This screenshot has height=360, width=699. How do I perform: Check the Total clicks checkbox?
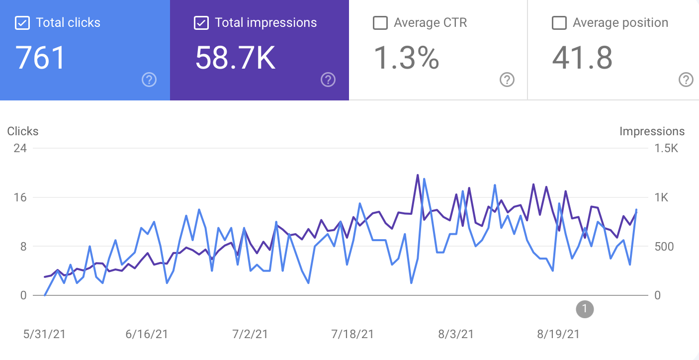click(22, 23)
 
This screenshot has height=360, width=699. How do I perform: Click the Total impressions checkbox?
click(201, 23)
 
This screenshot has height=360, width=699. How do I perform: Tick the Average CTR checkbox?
click(380, 23)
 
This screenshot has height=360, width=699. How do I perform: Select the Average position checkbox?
click(559, 23)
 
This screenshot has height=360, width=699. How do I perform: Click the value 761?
click(41, 58)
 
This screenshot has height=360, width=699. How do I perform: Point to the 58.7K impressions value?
click(235, 58)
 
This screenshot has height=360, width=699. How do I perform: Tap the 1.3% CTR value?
click(406, 58)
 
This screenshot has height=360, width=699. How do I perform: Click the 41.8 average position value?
click(582, 58)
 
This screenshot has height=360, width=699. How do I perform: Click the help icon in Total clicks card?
click(149, 80)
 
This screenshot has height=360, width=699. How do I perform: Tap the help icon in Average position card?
click(686, 80)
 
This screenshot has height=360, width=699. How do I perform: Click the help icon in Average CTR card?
click(507, 80)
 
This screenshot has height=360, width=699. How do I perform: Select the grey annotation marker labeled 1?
click(585, 309)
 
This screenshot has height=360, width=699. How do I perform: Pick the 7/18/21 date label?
click(352, 334)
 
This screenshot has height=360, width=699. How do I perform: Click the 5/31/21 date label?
click(44, 334)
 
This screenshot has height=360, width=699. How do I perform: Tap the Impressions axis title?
click(652, 131)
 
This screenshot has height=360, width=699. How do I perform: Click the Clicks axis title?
click(22, 131)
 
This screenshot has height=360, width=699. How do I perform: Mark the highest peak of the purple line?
click(418, 175)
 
